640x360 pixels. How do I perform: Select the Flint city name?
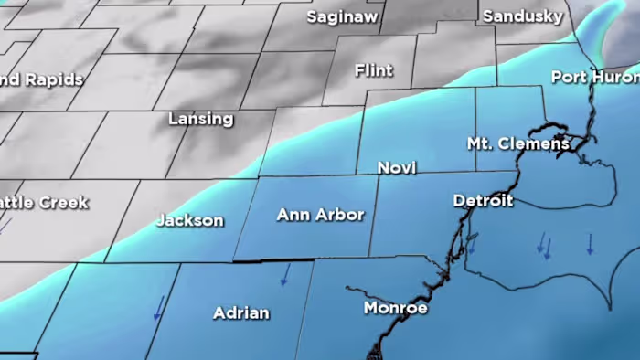(373, 70)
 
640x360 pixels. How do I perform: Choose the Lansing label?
(201, 119)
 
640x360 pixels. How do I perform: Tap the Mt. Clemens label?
(518, 143)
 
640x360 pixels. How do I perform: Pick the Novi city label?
(398, 168)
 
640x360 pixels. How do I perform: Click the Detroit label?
(483, 200)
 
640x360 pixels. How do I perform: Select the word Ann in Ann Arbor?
(293, 215)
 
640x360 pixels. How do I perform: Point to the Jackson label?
(189, 220)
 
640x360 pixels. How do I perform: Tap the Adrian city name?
(241, 312)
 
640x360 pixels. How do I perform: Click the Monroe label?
(396, 308)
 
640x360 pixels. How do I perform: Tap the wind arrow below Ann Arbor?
(285, 274)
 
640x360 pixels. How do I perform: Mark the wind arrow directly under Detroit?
(473, 243)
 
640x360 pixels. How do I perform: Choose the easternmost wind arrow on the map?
(590, 243)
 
